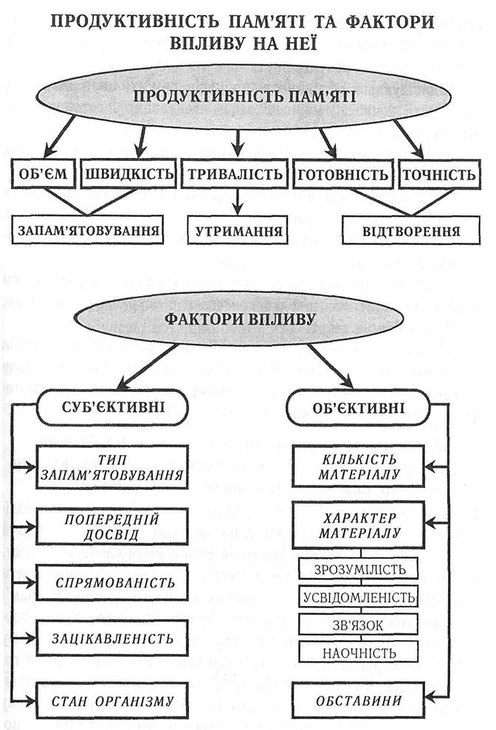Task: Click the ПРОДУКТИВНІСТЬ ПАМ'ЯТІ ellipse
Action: [x=244, y=97]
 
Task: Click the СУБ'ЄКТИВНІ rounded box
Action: [x=118, y=408]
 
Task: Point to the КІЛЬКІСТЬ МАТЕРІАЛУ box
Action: [x=359, y=466]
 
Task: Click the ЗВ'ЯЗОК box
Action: [x=359, y=625]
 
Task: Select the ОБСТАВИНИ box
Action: [x=359, y=698]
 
